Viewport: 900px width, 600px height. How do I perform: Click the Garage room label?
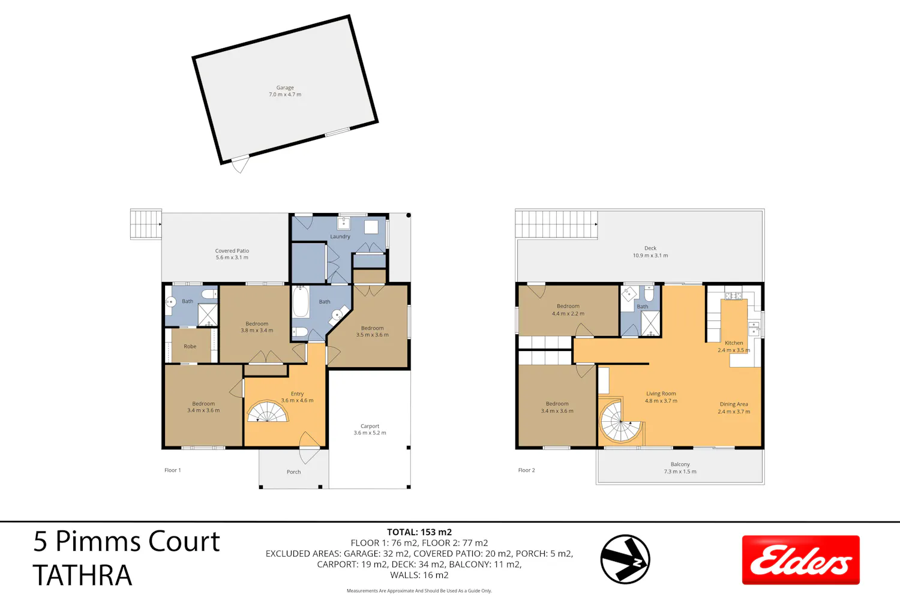coord(285,88)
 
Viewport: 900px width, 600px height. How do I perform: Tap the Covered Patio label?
coord(232,251)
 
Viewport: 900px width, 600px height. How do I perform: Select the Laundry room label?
coord(340,236)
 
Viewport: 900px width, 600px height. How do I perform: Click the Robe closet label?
coord(190,346)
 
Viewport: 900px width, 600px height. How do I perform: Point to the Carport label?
coord(370,426)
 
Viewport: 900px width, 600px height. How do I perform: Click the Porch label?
coord(294,472)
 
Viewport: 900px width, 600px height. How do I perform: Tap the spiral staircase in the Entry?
coord(268,412)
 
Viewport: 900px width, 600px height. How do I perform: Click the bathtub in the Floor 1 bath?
coord(301,302)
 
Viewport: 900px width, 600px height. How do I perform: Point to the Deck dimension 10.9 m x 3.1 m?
coord(650,256)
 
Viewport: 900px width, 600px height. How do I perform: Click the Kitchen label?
coord(734,343)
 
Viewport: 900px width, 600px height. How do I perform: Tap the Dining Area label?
coord(734,404)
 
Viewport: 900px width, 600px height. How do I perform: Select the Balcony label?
coord(680,464)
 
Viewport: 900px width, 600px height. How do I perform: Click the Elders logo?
coord(801,560)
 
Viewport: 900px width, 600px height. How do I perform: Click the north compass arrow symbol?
coord(625,559)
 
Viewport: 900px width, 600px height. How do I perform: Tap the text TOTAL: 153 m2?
coord(419,532)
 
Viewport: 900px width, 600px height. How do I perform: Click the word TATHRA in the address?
coord(82,575)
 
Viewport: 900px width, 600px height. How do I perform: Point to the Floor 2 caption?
coord(526,470)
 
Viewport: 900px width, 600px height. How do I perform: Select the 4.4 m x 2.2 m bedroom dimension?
coord(568,313)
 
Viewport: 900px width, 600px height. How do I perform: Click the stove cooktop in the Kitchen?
coord(733,296)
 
